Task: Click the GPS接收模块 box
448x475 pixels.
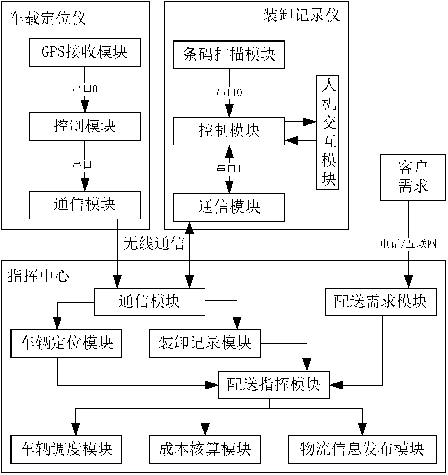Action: (85, 53)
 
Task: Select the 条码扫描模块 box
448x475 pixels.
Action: (229, 55)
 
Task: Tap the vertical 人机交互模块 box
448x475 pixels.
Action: (327, 132)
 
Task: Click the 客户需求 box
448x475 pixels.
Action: (413, 177)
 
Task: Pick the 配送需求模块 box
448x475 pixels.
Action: (381, 302)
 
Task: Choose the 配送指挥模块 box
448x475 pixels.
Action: (274, 385)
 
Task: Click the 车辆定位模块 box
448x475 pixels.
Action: (66, 343)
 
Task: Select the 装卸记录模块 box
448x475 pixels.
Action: (205, 343)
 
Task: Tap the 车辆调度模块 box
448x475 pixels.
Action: (66, 450)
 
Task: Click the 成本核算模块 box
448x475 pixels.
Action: (205, 450)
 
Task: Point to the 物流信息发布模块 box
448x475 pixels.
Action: (362, 450)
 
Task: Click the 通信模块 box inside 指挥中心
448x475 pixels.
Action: (150, 302)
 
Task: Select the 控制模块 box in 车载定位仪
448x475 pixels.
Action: (85, 126)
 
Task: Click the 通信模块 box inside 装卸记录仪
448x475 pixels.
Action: (229, 207)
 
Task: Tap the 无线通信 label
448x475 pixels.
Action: (153, 243)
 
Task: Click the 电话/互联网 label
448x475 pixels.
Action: (408, 244)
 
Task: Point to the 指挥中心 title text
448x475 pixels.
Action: (38, 276)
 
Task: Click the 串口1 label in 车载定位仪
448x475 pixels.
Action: (85, 165)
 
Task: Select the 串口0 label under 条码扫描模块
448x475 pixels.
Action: (229, 92)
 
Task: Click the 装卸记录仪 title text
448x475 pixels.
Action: (301, 15)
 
